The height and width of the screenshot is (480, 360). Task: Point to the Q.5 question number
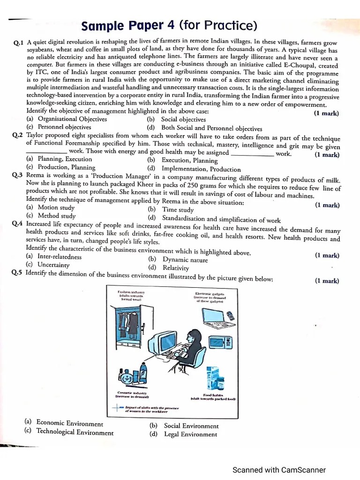(17, 273)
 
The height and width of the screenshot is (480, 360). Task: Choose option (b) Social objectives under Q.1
(176, 120)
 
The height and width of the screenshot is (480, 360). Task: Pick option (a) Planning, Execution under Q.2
(59, 159)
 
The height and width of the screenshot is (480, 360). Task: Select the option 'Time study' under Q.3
(178, 210)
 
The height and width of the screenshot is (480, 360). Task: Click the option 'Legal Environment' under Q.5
(190, 435)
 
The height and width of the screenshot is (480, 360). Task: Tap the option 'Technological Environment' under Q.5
(75, 432)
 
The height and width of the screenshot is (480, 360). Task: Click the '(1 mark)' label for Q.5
(327, 281)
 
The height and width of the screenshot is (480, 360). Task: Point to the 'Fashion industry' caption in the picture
(132, 295)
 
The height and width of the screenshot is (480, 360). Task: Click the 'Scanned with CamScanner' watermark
(279, 470)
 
